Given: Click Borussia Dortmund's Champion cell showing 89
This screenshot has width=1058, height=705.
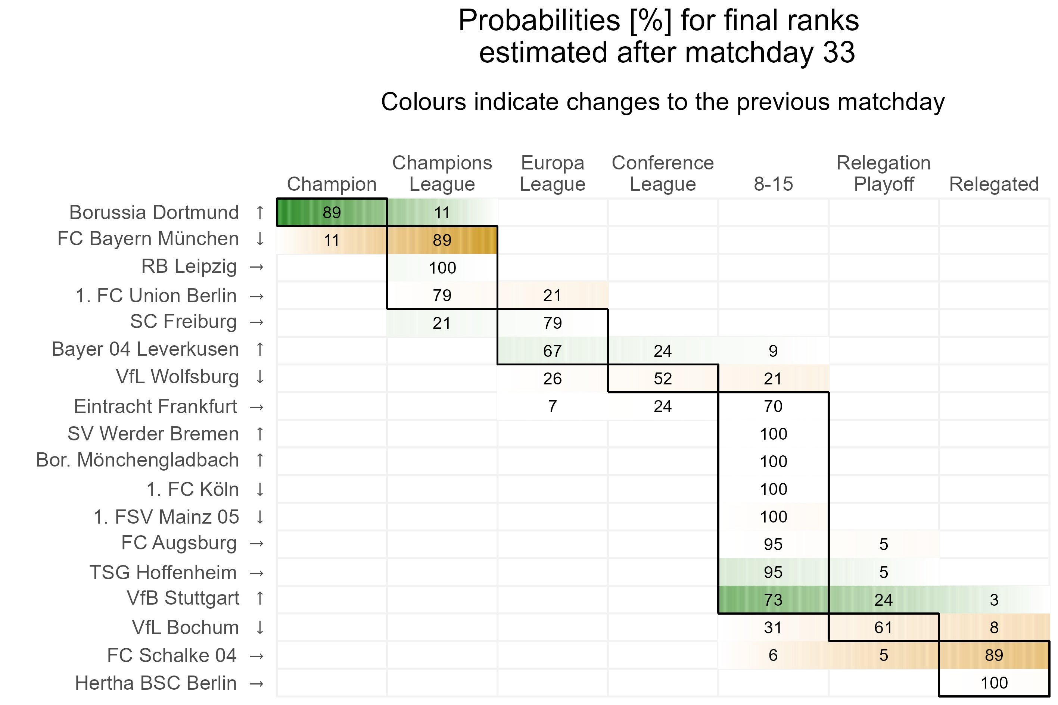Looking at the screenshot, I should [x=332, y=213].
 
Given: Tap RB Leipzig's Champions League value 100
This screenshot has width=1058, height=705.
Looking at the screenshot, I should [x=442, y=268].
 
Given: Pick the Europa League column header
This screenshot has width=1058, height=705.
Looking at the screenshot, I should [x=553, y=174].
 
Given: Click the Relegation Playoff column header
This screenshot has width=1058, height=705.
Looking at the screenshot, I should [x=884, y=174].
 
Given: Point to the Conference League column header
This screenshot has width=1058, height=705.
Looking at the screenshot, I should [x=663, y=174].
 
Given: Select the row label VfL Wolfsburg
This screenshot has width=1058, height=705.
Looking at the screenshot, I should [x=177, y=377].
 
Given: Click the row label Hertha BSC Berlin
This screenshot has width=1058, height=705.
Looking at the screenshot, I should [x=156, y=683].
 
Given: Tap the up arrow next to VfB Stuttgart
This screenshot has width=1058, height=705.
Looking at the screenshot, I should [x=259, y=598].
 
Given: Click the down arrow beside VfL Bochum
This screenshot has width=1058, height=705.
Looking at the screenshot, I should [x=259, y=628].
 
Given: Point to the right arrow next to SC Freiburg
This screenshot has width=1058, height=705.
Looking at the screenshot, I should [x=256, y=322].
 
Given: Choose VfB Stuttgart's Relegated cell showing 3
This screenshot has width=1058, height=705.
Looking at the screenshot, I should [x=994, y=600].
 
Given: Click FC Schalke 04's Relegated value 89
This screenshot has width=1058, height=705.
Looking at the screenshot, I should [x=994, y=655].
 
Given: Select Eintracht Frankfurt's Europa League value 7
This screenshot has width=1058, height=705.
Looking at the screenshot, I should [x=553, y=406].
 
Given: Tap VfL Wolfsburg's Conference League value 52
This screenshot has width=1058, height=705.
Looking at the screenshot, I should [x=663, y=378].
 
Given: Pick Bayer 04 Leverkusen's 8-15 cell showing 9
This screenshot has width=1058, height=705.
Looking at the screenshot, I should [x=773, y=351].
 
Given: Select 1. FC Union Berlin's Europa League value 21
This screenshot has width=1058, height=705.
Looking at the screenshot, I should [x=553, y=296].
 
